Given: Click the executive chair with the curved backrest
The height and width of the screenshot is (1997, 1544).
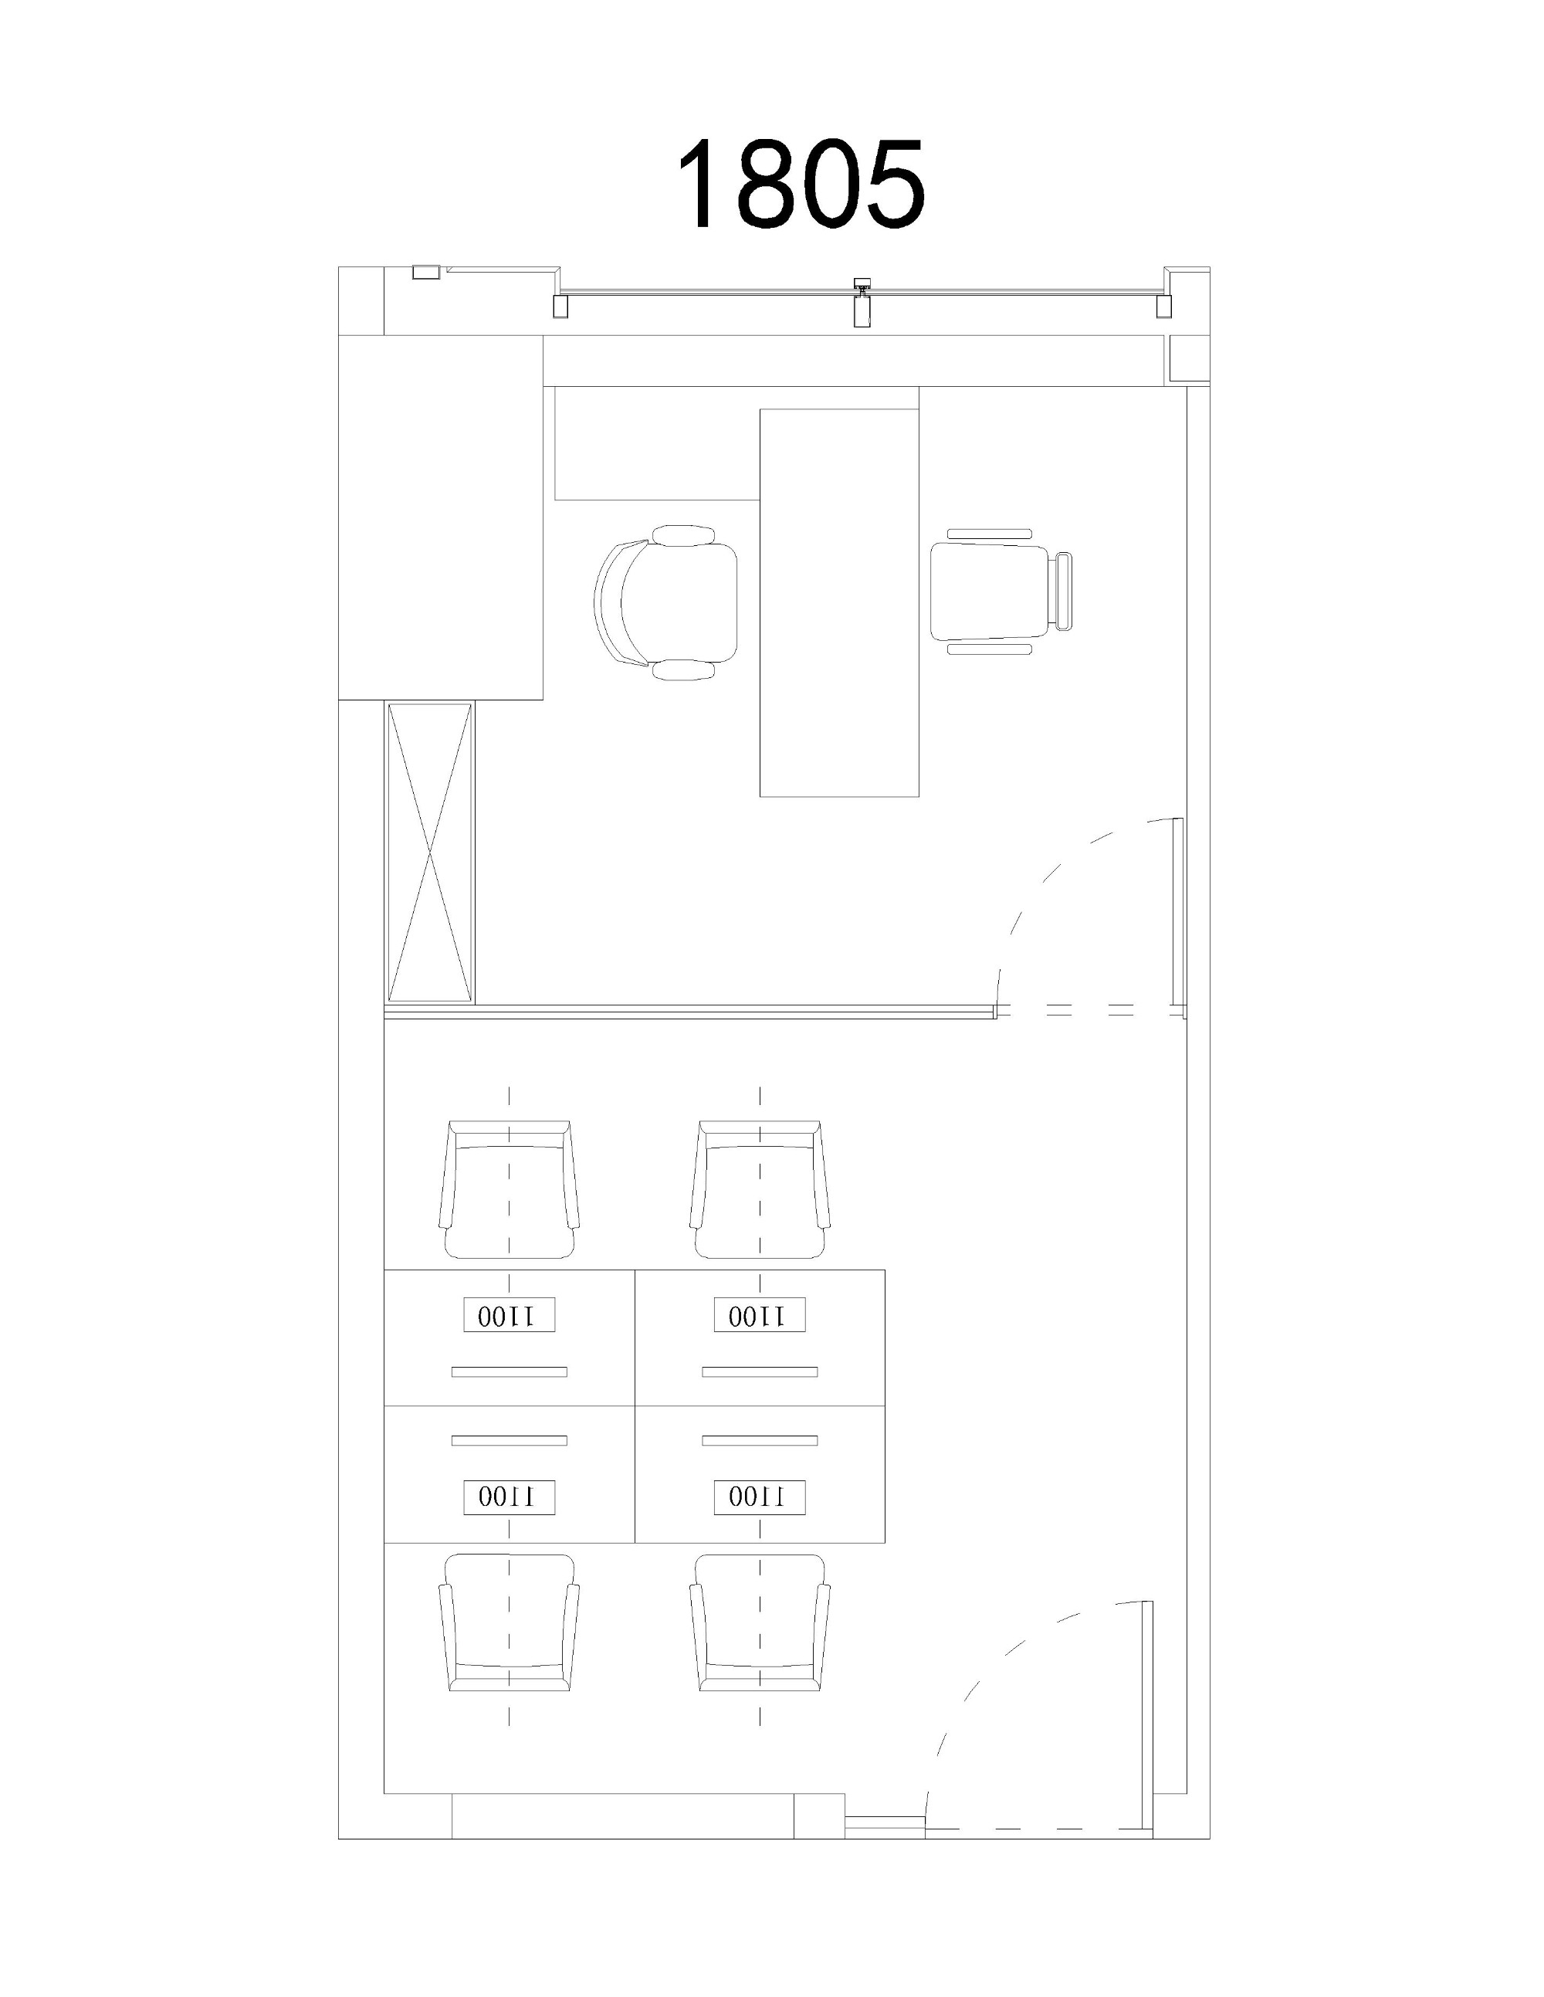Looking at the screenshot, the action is pos(666,602).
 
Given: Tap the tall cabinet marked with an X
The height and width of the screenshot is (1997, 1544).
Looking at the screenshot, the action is pos(430,853).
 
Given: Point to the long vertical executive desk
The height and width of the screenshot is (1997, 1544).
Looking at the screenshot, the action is pos(839,602).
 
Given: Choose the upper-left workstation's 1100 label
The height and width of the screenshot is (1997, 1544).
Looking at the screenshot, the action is pos(510,1315).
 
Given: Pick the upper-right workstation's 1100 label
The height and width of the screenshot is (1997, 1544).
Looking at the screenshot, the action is pos(760,1315).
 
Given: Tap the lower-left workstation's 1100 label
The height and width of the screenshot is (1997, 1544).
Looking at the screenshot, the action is pos(510,1497).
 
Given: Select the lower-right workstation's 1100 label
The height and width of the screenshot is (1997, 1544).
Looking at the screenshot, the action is pos(760,1497).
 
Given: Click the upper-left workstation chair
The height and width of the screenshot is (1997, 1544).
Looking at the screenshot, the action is pos(510,1189).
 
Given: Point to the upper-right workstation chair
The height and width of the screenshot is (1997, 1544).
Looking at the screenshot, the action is pos(760,1189).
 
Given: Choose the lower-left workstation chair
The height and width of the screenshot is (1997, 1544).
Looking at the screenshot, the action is pos(510,1623).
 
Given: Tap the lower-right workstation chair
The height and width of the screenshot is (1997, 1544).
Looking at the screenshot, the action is pos(760,1623).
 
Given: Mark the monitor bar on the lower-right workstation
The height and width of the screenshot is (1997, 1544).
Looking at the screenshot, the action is pos(760,1441).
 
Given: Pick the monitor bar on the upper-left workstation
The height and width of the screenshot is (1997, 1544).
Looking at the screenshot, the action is pos(510,1371).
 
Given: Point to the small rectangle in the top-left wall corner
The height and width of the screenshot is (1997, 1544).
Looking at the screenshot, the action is pos(426,272).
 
